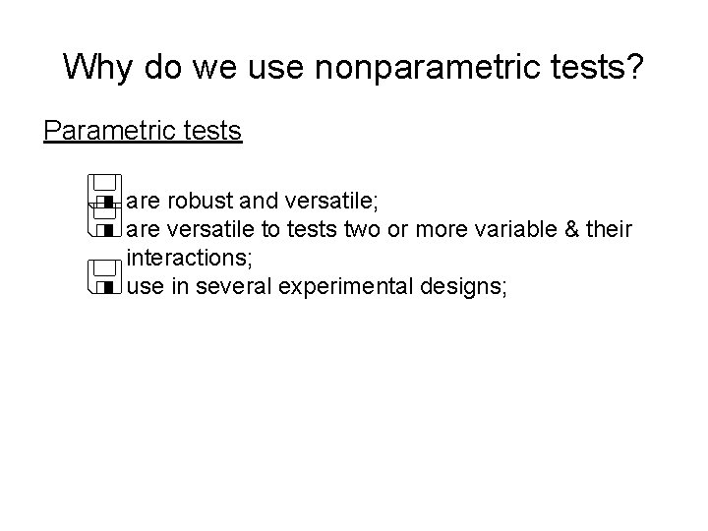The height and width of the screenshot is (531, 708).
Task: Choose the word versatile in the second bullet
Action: pyautogui.click(x=212, y=230)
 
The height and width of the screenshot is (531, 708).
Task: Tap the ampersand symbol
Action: pyautogui.click(x=570, y=230)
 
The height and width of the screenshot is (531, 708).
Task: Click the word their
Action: pyautogui.click(x=611, y=230)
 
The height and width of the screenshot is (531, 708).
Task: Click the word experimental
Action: pyautogui.click(x=343, y=287)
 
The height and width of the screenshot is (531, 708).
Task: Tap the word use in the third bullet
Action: pyautogui.click(x=146, y=287)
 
